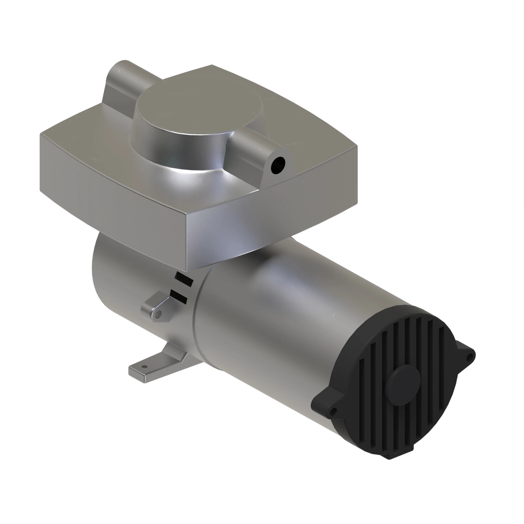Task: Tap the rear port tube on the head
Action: pos(122,81)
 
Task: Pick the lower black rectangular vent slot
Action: pos(178,296)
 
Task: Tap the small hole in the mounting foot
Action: pos(144,367)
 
